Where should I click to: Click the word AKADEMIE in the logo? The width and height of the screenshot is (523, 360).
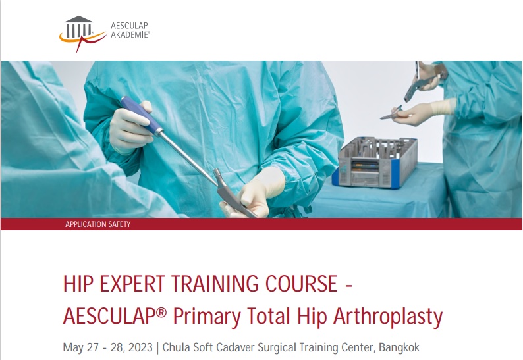pyautogui.click(x=130, y=35)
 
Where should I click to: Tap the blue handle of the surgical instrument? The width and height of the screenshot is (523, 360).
pyautogui.click(x=140, y=115)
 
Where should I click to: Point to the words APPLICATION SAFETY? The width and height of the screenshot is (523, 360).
pyautogui.click(x=97, y=224)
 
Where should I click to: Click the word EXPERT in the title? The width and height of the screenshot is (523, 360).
pyautogui.click(x=132, y=284)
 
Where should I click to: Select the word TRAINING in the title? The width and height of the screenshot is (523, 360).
pyautogui.click(x=215, y=284)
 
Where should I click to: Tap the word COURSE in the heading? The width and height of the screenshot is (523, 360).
pyautogui.click(x=302, y=284)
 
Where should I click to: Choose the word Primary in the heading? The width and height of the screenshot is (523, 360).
pyautogui.click(x=206, y=317)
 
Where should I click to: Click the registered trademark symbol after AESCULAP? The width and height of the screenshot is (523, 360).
pyautogui.click(x=161, y=313)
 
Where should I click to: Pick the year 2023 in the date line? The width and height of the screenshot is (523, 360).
pyautogui.click(x=140, y=347)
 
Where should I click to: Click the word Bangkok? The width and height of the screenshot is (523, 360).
pyautogui.click(x=399, y=347)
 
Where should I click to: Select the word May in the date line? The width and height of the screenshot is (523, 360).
pyautogui.click(x=73, y=348)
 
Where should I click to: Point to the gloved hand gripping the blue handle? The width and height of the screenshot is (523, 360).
pyautogui.click(x=130, y=128)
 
